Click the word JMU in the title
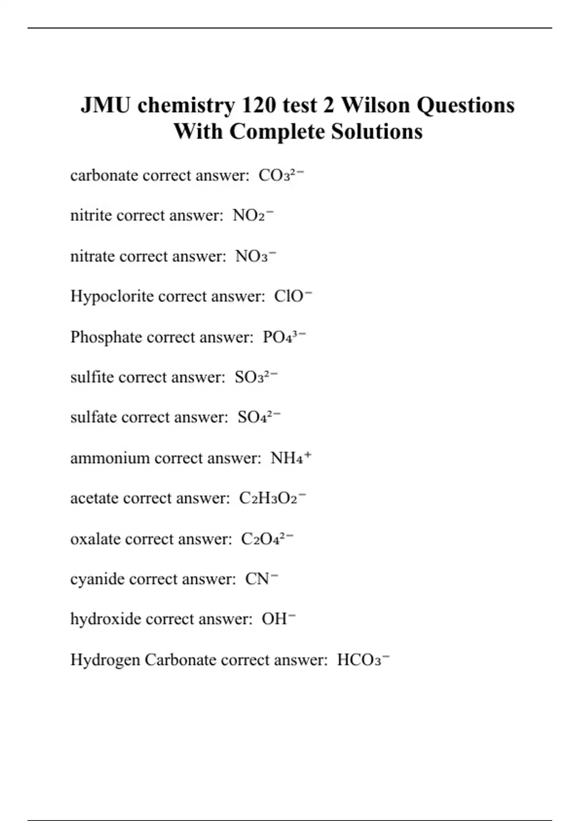tap(105, 105)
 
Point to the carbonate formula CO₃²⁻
tap(281, 175)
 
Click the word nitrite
tap(91, 215)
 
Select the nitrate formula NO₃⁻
tap(255, 256)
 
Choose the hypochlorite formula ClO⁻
tap(293, 296)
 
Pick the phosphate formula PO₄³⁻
tap(284, 337)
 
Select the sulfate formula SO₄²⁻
tap(259, 417)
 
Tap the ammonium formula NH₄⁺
tap(290, 458)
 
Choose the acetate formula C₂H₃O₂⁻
tap(272, 498)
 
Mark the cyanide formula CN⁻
tap(261, 579)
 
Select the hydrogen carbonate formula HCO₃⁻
tap(363, 660)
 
